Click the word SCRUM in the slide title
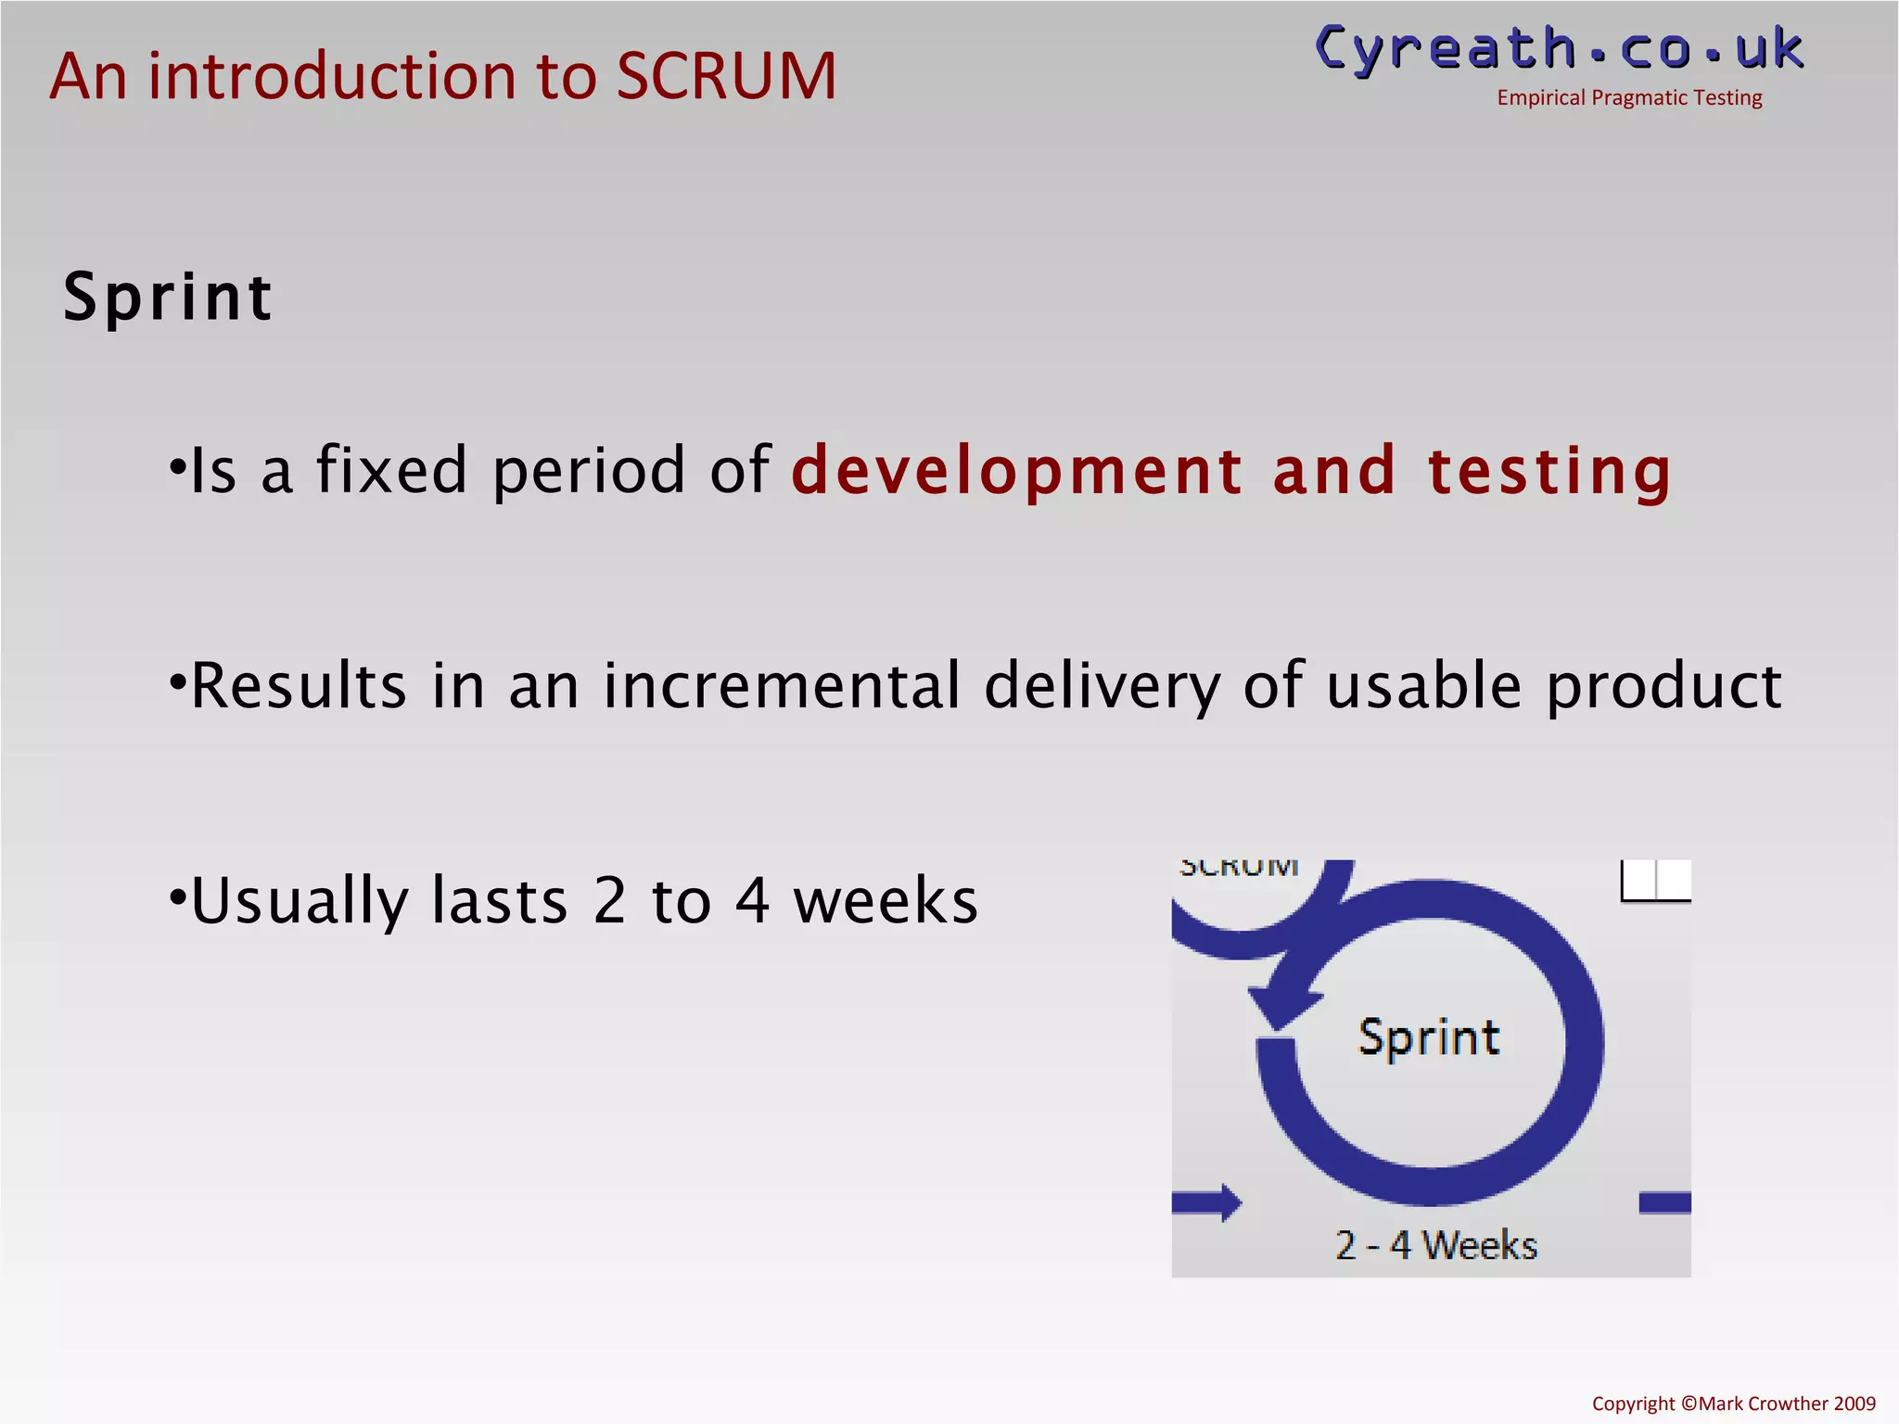click(x=726, y=76)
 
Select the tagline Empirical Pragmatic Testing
click(x=1629, y=98)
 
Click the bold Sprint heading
click(x=167, y=299)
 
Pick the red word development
click(x=1016, y=471)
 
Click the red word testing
click(x=1549, y=471)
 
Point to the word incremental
click(x=782, y=686)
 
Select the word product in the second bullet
click(x=1663, y=688)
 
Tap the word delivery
click(x=1102, y=688)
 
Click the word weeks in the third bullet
click(x=886, y=901)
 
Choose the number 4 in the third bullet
click(x=752, y=901)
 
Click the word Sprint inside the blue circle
click(x=1429, y=1036)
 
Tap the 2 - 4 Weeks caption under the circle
click(x=1435, y=1245)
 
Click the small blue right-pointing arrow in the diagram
click(x=1208, y=1202)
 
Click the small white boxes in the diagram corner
click(x=1656, y=880)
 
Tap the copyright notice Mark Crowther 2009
click(x=1733, y=1404)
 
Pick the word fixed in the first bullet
click(x=391, y=471)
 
